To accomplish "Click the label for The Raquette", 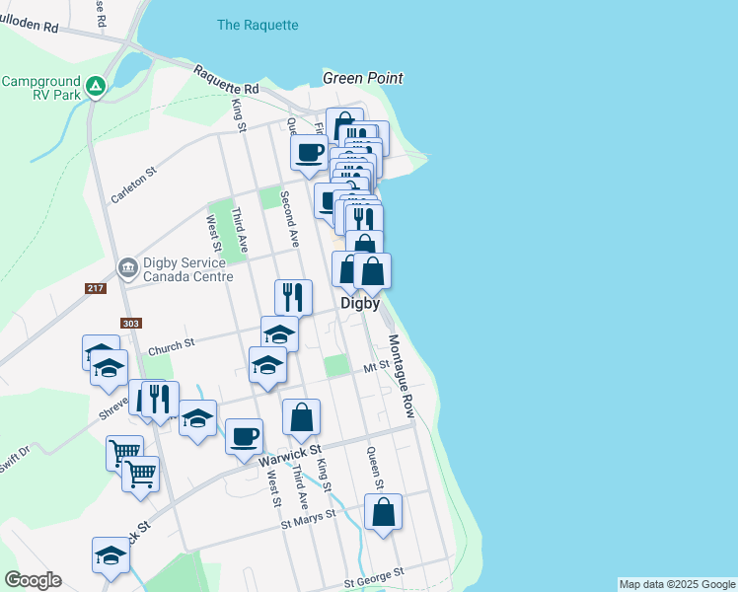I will [258, 25].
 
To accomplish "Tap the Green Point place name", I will [363, 78].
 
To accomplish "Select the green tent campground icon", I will [95, 87].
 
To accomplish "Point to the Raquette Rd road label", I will [226, 82].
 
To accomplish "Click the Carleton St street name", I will [134, 185].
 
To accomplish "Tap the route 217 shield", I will [95, 287].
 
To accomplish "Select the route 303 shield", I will [130, 323].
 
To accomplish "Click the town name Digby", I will [360, 304].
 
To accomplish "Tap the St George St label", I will [374, 573].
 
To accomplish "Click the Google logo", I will [33, 580].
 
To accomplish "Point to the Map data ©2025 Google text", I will [676, 584].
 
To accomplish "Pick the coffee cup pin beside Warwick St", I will [244, 436].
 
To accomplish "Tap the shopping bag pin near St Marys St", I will [383, 513].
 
